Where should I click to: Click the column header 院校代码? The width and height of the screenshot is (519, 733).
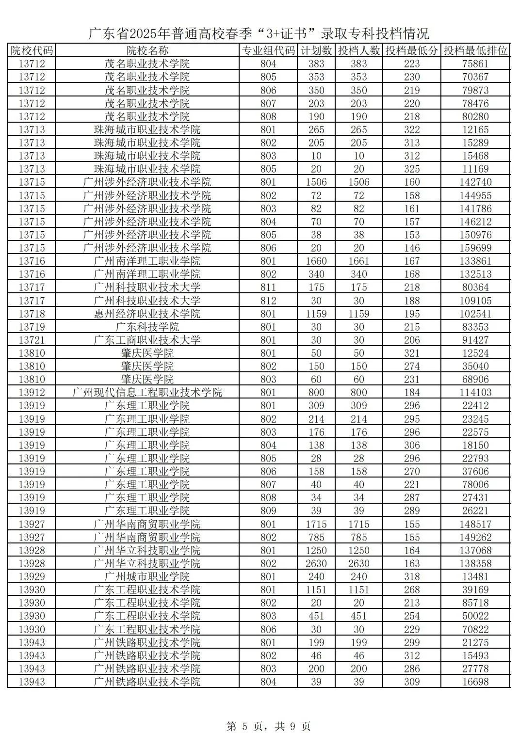click(32, 50)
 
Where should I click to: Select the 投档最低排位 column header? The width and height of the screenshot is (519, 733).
click(475, 50)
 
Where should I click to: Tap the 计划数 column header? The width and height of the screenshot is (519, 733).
click(316, 50)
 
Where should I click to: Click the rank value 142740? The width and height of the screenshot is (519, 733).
click(475, 182)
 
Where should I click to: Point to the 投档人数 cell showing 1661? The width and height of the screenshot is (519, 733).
click(359, 261)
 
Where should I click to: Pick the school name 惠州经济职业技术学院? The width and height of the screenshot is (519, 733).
click(147, 314)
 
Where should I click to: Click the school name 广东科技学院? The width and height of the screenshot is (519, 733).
click(147, 327)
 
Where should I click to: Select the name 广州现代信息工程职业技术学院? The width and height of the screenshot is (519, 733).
click(147, 393)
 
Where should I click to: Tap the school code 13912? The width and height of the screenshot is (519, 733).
click(32, 393)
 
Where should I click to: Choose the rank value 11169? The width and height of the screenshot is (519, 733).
click(475, 169)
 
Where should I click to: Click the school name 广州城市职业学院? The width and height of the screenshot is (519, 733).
click(147, 577)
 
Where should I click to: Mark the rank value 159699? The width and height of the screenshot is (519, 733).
click(475, 248)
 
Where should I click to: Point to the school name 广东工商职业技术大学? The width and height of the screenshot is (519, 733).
click(147, 340)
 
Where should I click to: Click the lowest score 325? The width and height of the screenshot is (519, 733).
click(412, 169)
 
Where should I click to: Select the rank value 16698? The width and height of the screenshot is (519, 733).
click(475, 682)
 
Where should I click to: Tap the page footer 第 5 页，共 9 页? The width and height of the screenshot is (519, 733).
click(268, 726)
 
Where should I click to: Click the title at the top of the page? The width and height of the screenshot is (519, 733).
click(259, 33)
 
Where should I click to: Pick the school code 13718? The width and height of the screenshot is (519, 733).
click(32, 314)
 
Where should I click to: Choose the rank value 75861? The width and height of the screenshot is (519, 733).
click(475, 64)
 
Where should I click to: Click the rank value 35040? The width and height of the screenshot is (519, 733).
click(475, 366)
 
